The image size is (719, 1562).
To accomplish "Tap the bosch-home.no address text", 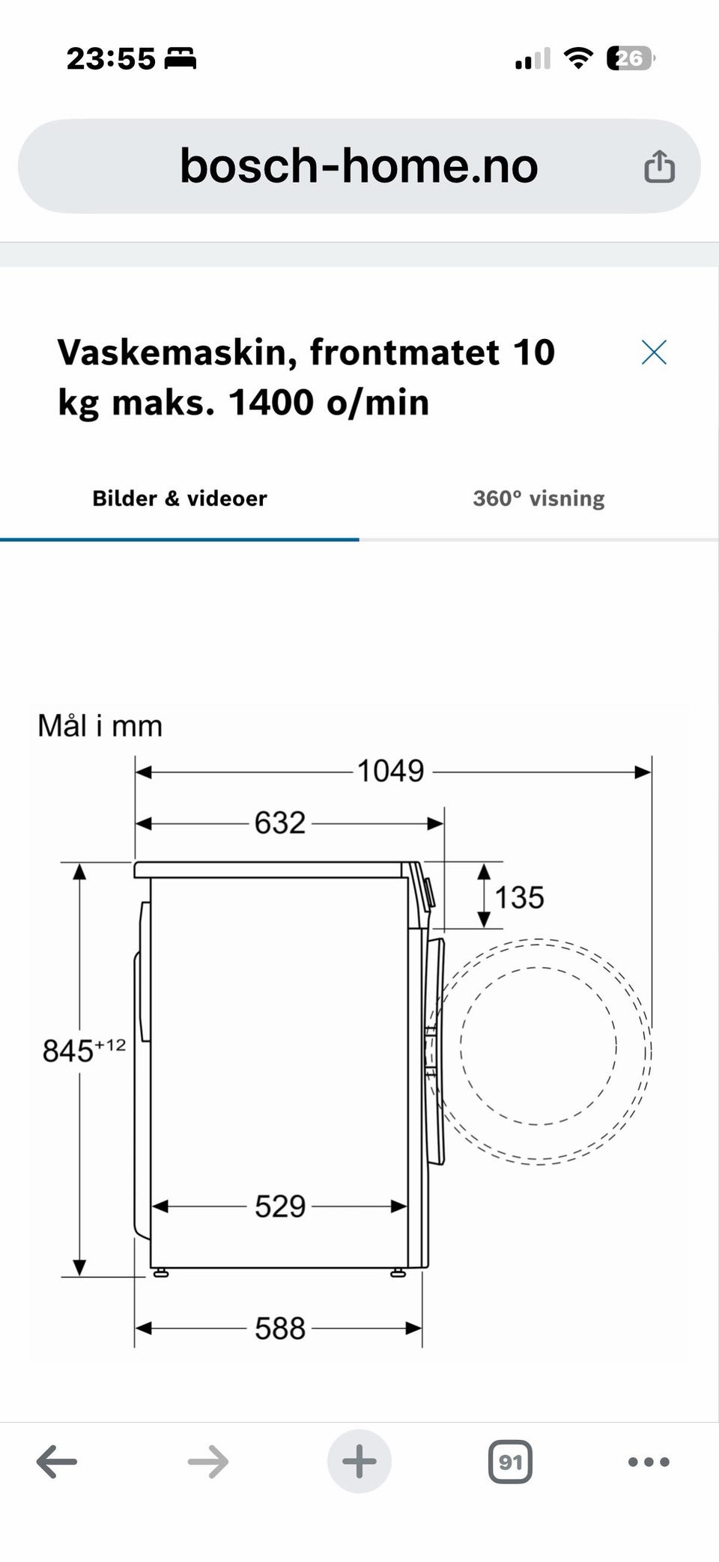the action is point(359,165).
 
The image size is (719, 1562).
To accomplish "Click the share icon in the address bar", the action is point(659,165).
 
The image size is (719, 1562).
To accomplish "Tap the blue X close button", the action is point(654,352).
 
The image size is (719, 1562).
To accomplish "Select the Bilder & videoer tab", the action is point(179,498).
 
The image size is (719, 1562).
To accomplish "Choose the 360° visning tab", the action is point(539,498).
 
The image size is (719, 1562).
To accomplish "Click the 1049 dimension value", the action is point(390,771).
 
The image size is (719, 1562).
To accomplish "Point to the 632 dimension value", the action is point(280,823).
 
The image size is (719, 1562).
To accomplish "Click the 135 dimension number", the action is point(519,897).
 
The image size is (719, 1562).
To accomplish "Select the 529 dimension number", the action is point(280,1206).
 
